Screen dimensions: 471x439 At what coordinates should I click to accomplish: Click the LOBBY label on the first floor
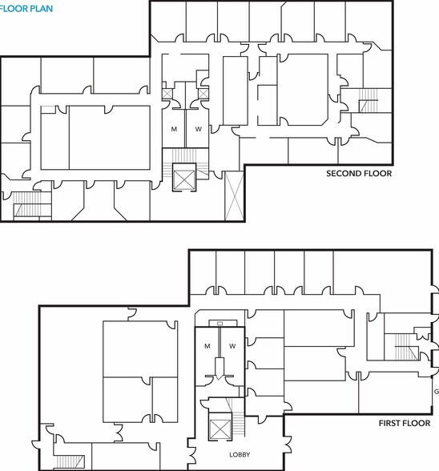(x=240, y=455)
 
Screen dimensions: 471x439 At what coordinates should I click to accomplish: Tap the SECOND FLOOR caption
(x=358, y=173)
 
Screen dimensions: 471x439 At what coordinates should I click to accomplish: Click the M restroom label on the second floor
(x=173, y=129)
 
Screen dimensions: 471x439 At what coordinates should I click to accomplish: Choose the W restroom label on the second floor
(x=198, y=129)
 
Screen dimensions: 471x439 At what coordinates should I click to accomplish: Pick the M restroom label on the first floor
(x=207, y=346)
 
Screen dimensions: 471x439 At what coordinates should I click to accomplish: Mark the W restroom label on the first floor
(x=232, y=346)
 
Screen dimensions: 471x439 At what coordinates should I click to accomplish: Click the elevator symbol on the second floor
(x=185, y=179)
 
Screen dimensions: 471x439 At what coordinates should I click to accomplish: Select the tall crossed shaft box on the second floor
(x=234, y=196)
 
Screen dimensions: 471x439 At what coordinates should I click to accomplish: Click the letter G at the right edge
(x=436, y=392)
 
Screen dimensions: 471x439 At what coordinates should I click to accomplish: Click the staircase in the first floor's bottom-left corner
(x=70, y=461)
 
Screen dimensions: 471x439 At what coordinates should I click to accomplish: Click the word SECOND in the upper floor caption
(x=343, y=173)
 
